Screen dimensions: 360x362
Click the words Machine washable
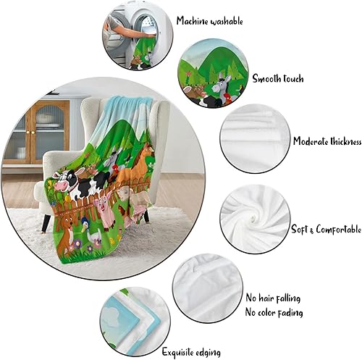tap(210, 22)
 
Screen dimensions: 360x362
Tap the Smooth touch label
tap(278, 78)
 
